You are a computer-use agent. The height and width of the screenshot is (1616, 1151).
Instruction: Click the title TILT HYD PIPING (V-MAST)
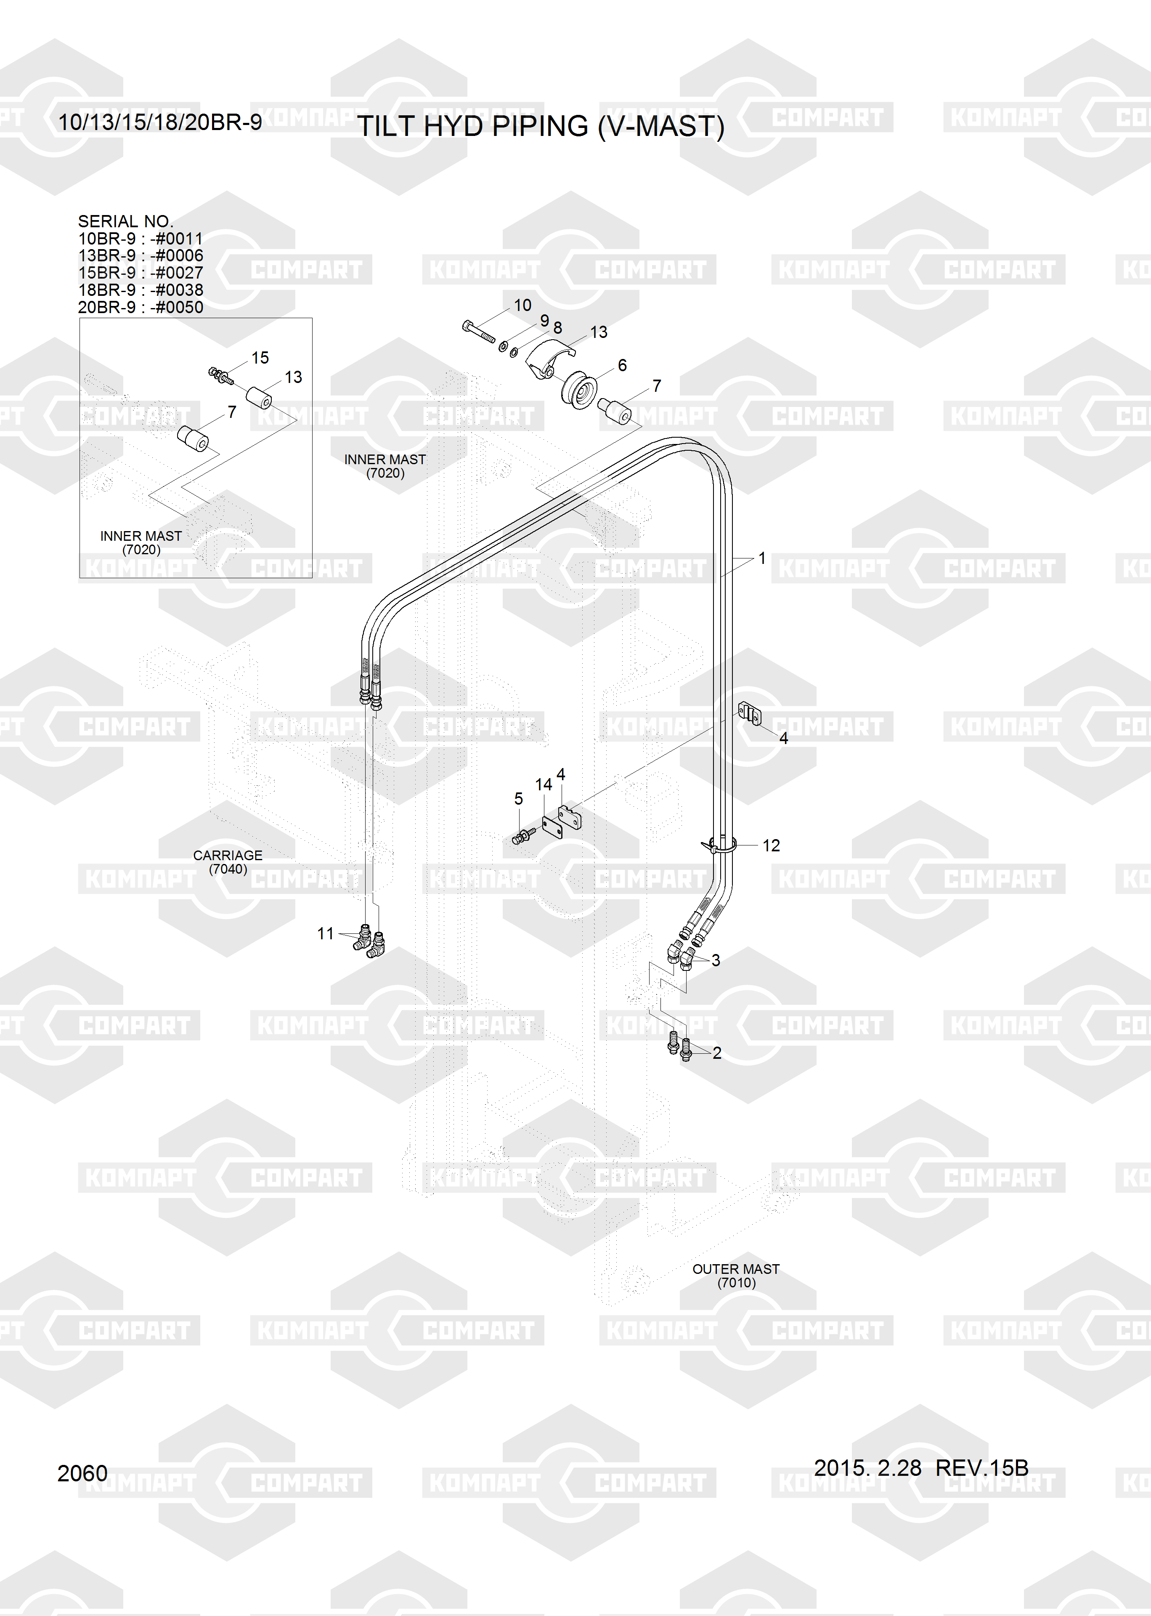click(x=540, y=126)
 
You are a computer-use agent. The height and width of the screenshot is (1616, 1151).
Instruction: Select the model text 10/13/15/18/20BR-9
click(x=159, y=122)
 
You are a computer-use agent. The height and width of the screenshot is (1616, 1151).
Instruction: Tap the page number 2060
click(x=82, y=1473)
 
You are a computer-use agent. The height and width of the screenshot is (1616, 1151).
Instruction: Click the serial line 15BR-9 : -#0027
click(x=141, y=273)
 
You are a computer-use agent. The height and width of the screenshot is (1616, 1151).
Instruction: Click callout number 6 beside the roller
click(x=622, y=365)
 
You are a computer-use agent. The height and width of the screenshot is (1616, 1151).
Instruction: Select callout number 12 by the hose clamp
click(x=771, y=845)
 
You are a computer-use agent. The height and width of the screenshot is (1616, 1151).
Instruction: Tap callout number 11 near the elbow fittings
click(x=325, y=933)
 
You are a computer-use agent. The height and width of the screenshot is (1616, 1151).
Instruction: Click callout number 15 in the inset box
click(x=260, y=358)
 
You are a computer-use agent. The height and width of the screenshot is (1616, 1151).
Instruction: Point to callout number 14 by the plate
click(x=544, y=784)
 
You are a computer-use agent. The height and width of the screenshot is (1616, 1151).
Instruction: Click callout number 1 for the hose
click(x=762, y=558)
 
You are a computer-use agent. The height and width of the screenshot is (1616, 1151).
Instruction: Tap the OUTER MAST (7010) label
click(x=736, y=1276)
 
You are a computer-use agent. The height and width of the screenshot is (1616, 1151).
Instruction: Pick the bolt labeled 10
click(x=478, y=332)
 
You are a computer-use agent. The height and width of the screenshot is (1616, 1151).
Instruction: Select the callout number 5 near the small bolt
click(x=518, y=799)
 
